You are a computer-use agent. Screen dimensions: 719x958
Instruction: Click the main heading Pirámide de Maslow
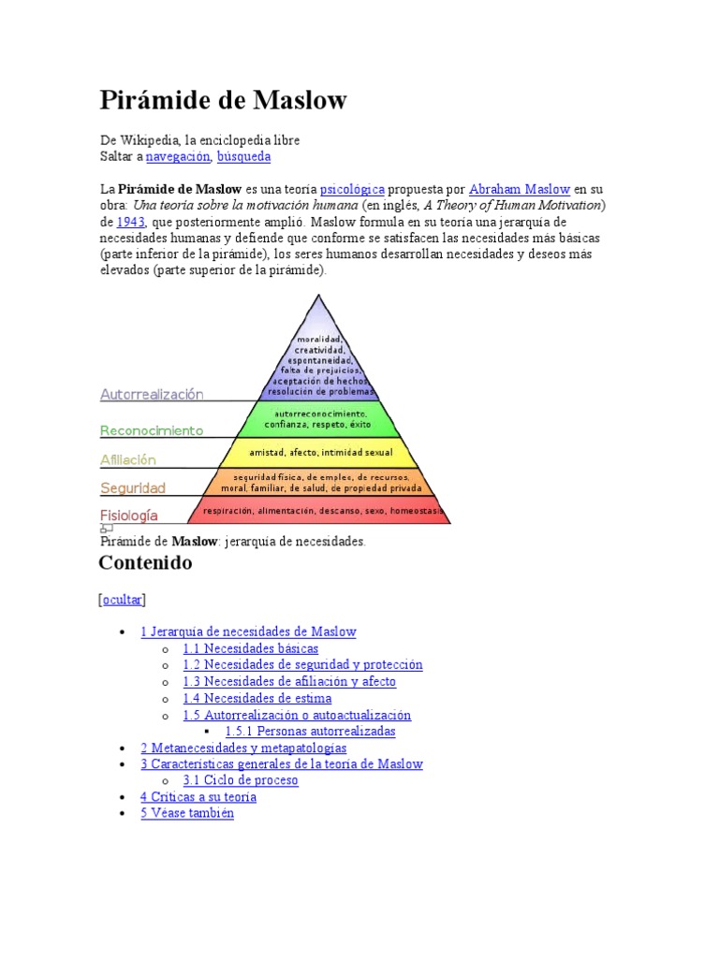[223, 100]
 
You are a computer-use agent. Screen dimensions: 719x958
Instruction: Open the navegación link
[178, 156]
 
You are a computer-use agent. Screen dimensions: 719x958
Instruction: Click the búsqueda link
[243, 156]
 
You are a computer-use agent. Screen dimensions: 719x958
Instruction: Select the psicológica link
[352, 189]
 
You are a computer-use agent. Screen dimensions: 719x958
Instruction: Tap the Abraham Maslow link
[519, 189]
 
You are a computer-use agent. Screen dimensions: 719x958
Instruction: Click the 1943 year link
[130, 223]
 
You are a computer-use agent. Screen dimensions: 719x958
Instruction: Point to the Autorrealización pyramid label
[152, 395]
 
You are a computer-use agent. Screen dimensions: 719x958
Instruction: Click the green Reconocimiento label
[152, 431]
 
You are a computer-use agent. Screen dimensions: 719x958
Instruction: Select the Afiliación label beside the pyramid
[128, 460]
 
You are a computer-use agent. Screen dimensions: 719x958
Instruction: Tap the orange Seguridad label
[133, 488]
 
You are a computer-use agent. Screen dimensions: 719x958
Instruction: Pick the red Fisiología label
[129, 515]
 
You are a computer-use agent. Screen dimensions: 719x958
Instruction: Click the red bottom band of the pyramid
[319, 511]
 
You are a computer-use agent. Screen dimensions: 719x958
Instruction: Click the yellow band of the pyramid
[319, 452]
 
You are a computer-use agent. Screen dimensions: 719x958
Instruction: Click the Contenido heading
[145, 563]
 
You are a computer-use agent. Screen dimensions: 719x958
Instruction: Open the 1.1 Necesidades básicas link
[250, 648]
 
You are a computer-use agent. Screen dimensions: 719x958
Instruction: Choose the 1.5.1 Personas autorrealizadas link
[310, 732]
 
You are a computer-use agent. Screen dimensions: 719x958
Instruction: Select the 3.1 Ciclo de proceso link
[241, 780]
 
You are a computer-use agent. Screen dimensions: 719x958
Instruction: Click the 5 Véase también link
[187, 814]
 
